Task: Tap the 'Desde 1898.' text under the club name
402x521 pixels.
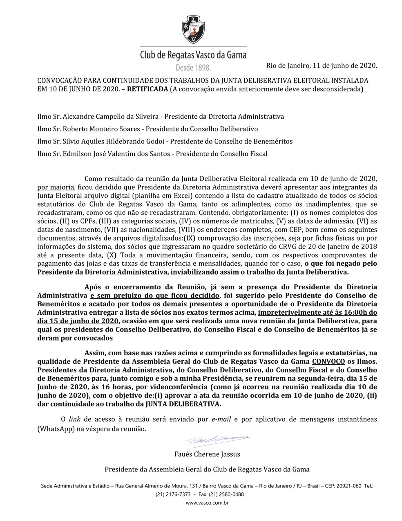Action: pos(193,67)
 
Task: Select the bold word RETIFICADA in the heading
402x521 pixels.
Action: pos(147,89)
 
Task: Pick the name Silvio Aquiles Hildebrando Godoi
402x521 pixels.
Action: pos(114,141)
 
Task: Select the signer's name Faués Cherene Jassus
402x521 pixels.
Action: pos(207,454)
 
